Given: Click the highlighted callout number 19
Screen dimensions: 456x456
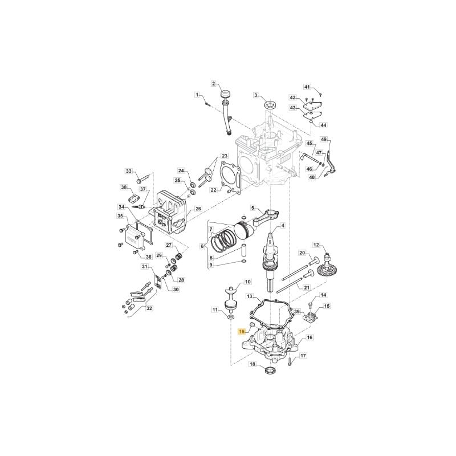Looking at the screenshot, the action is pyautogui.click(x=241, y=331).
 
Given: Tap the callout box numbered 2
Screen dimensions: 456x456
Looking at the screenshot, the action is pyautogui.click(x=214, y=84).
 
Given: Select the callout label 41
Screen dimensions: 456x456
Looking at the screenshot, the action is pyautogui.click(x=307, y=87).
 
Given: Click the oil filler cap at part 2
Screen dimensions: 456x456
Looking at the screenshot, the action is pyautogui.click(x=225, y=95).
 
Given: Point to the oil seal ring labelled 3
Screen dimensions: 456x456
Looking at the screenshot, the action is pyautogui.click(x=270, y=104).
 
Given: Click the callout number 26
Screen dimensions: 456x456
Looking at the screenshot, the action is pyautogui.click(x=198, y=209).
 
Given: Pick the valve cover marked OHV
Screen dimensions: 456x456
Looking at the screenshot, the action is pyautogui.click(x=132, y=240).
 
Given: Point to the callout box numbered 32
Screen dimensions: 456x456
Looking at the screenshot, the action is pyautogui.click(x=149, y=308).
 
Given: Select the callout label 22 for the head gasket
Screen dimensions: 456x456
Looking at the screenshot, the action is pyautogui.click(x=214, y=190).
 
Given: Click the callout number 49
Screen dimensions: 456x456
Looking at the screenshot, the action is pyautogui.click(x=324, y=139).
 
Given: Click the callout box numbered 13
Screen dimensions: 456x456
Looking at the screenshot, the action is pyautogui.click(x=250, y=296).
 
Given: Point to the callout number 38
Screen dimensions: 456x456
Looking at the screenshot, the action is pyautogui.click(x=124, y=188).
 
